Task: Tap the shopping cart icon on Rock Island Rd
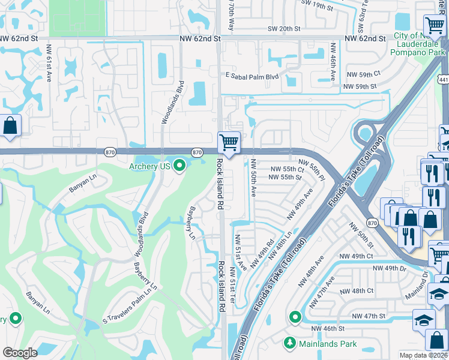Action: pos(229,143)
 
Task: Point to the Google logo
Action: pos(20,353)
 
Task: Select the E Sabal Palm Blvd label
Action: pos(253,77)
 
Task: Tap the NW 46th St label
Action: pos(327,329)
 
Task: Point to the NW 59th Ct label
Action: pos(364,74)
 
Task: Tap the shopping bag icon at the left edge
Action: pos(10,126)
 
